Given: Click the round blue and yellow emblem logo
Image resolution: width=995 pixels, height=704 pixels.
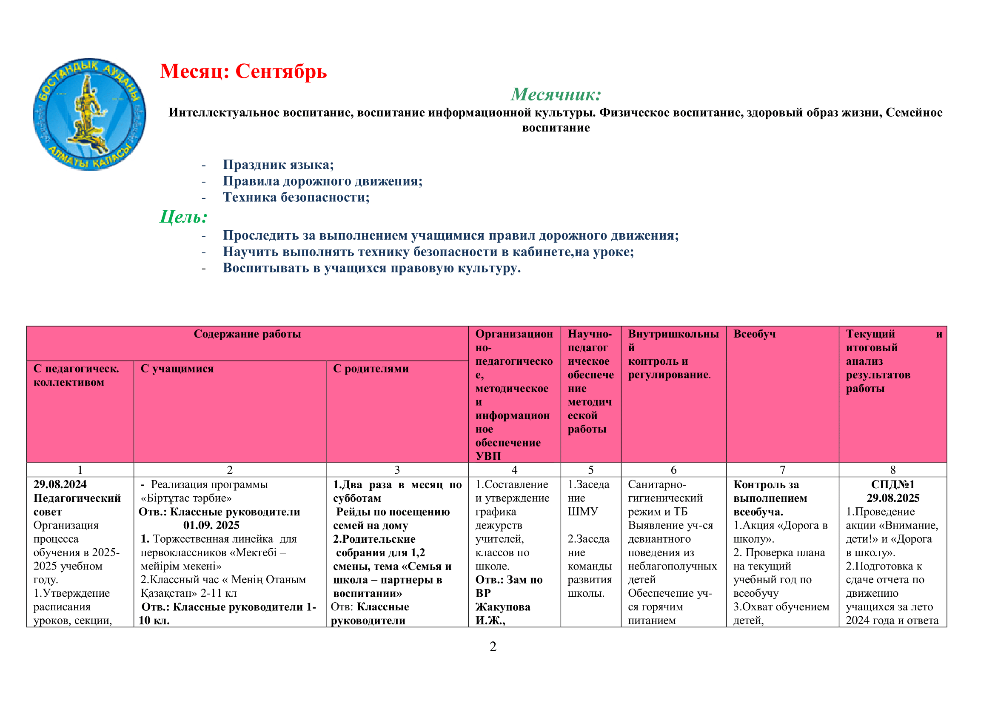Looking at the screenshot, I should point(90,114).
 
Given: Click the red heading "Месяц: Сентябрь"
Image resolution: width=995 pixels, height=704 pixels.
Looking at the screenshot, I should point(243,71).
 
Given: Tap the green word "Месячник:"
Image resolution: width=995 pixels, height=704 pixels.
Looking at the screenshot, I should point(556,94).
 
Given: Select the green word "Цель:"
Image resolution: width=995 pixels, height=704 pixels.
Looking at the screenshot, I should point(184,217).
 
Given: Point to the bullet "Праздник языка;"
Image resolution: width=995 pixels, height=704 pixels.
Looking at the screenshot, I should point(278,165).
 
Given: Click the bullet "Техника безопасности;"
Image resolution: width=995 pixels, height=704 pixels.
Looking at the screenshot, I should point(296,197).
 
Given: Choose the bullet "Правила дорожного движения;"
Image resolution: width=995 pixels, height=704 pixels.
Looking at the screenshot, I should point(322,181).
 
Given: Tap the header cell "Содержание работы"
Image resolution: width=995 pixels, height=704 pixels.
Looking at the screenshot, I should point(247,334).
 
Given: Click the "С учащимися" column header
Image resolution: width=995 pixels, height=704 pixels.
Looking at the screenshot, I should point(177,369).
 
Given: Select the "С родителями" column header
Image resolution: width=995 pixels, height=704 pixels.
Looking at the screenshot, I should point(371,369).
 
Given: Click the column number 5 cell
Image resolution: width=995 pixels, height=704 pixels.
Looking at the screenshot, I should point(591,470).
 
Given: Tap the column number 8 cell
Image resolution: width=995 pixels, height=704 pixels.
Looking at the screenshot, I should point(892,470).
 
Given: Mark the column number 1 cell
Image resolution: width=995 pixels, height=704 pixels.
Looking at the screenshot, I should point(80,470).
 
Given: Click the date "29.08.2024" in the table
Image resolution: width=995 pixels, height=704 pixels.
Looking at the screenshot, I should point(60,484).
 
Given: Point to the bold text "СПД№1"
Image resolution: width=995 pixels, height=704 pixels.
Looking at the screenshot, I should point(892,484).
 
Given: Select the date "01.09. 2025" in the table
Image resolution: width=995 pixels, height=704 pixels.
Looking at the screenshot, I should point(211,525).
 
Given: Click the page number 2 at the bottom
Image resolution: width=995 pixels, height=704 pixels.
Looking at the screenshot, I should point(493,647).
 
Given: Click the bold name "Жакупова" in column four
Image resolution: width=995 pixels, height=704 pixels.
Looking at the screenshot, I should point(502,607).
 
